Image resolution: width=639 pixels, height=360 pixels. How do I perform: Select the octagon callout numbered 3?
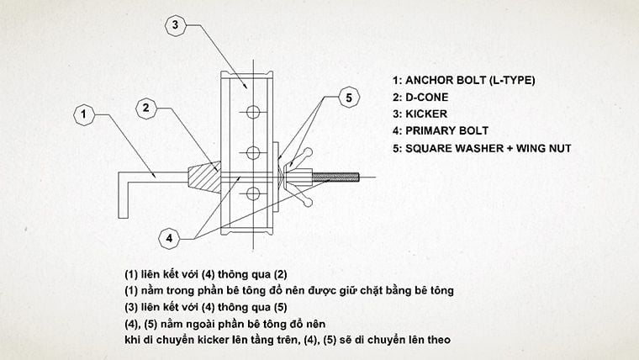click(174, 26)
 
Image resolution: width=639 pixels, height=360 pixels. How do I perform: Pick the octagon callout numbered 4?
click(170, 238)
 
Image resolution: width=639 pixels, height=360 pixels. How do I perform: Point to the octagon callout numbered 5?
click(349, 98)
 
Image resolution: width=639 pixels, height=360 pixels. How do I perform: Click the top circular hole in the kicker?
click(250, 110)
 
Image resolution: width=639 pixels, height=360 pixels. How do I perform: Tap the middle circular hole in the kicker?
click(250, 152)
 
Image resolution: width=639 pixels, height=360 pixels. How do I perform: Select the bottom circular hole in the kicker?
click(250, 194)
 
